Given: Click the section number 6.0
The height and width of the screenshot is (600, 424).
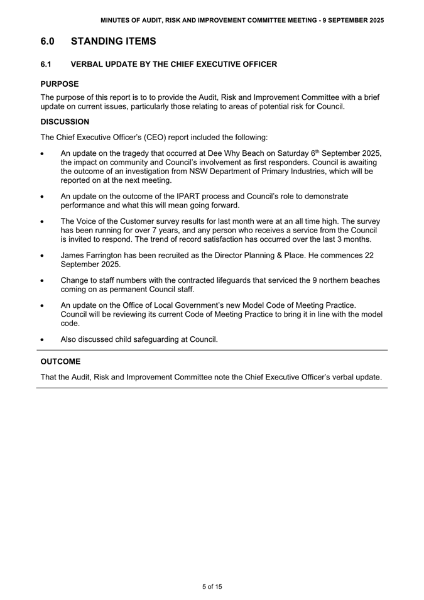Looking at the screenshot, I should [x=48, y=41].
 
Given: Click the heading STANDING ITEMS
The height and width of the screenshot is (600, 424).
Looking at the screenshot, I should [x=113, y=41].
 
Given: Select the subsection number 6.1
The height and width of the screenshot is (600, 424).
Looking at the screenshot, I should [x=46, y=64].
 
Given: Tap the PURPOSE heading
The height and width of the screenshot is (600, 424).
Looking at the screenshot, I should [x=60, y=84].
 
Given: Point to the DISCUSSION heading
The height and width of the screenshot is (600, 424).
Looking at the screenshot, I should [x=65, y=121].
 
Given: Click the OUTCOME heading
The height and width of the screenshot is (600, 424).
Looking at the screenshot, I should [x=60, y=362].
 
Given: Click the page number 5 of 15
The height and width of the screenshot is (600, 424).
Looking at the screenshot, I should [x=212, y=587].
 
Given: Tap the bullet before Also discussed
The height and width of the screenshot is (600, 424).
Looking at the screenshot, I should [x=41, y=340].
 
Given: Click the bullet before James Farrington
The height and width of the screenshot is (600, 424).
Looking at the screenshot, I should [x=41, y=256].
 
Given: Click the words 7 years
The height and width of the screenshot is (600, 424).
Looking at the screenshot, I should [x=165, y=231].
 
